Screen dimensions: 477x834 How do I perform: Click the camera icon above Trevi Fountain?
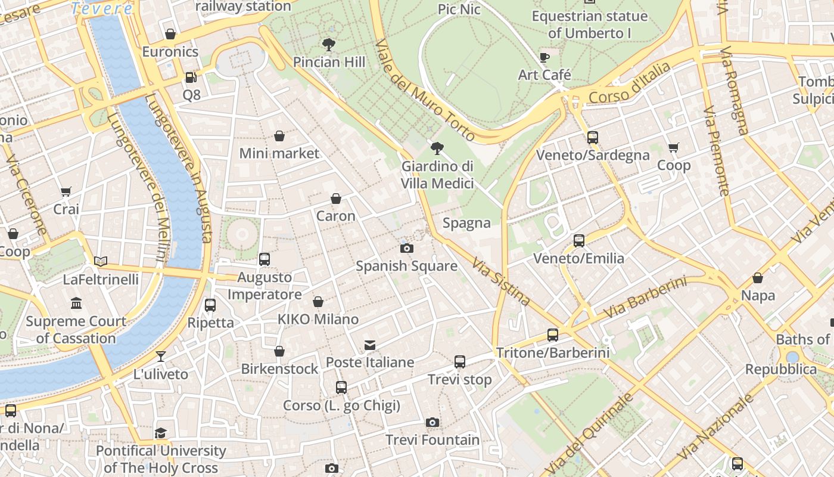click(432, 422)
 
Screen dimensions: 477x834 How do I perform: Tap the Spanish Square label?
click(406, 266)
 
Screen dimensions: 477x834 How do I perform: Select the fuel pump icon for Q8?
click(191, 77)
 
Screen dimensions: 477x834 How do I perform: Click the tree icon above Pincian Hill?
click(328, 44)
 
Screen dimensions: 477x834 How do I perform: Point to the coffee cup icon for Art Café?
click(544, 57)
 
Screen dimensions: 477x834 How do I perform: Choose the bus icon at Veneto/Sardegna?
click(592, 137)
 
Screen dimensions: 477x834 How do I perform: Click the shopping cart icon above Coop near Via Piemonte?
click(673, 147)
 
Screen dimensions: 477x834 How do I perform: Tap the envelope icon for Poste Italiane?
click(370, 345)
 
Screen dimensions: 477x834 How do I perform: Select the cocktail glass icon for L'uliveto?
click(160, 357)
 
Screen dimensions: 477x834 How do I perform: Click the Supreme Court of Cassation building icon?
click(76, 303)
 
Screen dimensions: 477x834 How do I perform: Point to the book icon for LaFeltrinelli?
click(101, 261)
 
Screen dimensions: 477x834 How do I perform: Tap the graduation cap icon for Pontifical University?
click(160, 433)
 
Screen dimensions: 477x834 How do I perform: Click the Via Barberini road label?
click(645, 298)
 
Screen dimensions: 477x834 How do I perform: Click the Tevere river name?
click(102, 8)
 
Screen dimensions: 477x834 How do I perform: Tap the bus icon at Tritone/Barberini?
click(553, 334)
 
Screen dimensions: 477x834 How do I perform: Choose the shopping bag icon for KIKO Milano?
click(318, 302)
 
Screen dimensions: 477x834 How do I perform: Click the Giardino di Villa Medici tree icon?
click(437, 148)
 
